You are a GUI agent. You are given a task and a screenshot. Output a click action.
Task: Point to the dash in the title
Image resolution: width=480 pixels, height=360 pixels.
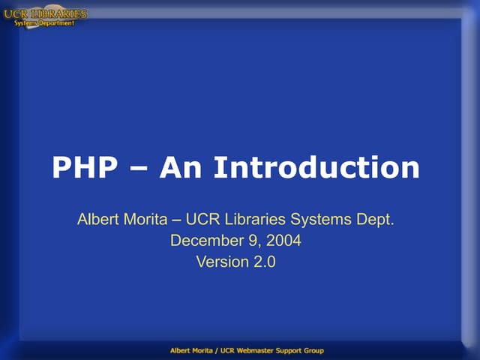coord(141,168)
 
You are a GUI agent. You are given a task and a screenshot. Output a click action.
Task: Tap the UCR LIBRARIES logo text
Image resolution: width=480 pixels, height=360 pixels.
coord(45,13)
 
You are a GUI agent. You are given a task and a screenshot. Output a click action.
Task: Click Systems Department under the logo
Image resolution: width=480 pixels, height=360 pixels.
coord(45,23)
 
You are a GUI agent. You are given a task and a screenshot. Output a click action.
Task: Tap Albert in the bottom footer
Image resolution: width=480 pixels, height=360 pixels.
coord(180,350)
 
